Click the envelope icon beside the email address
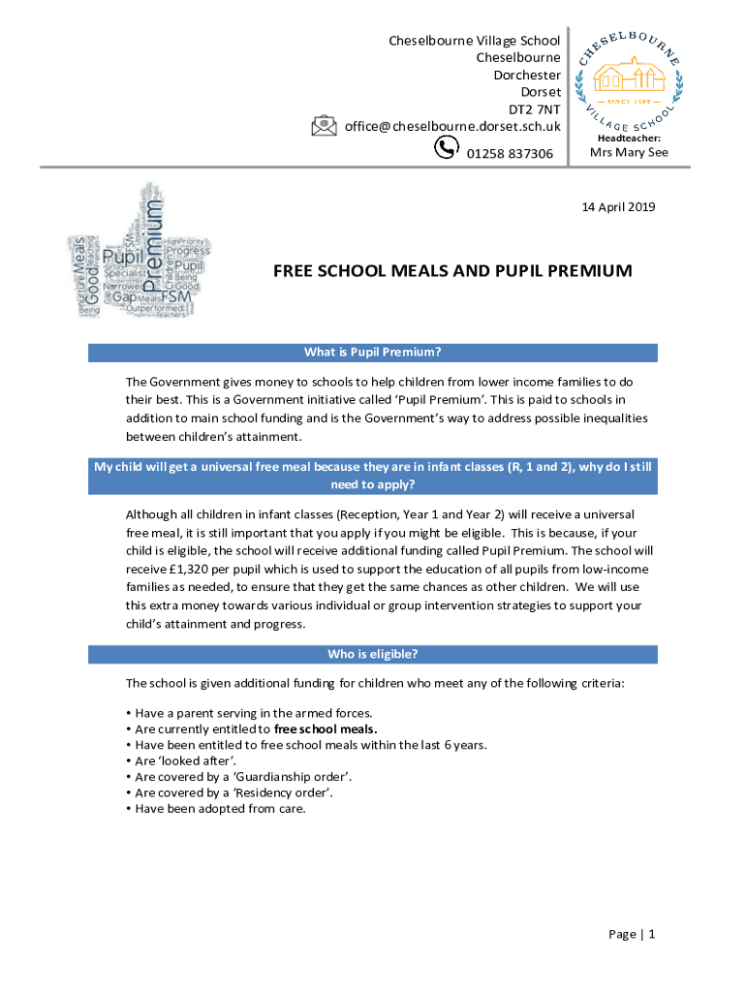324,126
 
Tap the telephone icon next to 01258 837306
447,147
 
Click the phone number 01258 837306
510,154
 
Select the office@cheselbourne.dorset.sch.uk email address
452,126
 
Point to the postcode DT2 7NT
535,108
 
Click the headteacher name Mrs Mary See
629,152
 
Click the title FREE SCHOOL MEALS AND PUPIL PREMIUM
452,271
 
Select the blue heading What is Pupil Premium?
373,353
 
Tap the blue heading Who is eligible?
373,655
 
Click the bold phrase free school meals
326,728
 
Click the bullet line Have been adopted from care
220,808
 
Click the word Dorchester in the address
527,75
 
